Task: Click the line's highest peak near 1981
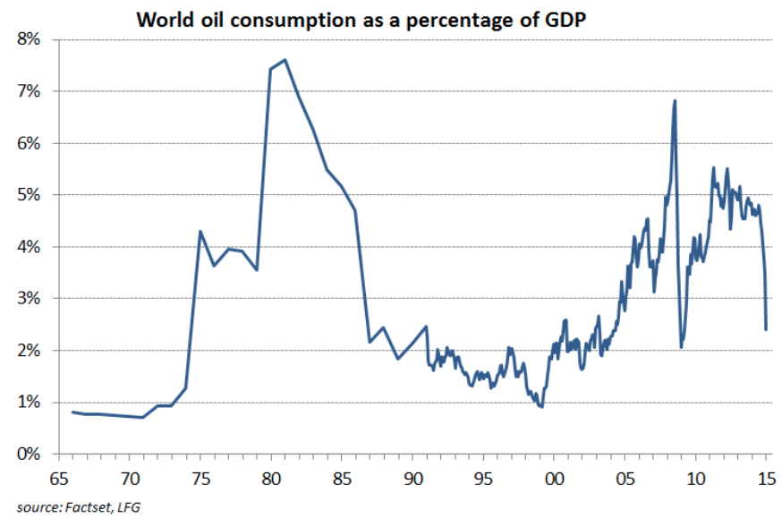pyautogui.click(x=285, y=60)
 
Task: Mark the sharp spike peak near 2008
pyautogui.click(x=675, y=100)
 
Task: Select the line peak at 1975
pyautogui.click(x=200, y=232)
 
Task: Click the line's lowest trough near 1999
pyautogui.click(x=541, y=407)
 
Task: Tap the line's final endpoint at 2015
pyautogui.click(x=766, y=329)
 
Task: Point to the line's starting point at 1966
pyautogui.click(x=72, y=412)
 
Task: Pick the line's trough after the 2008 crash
pyautogui.click(x=682, y=347)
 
